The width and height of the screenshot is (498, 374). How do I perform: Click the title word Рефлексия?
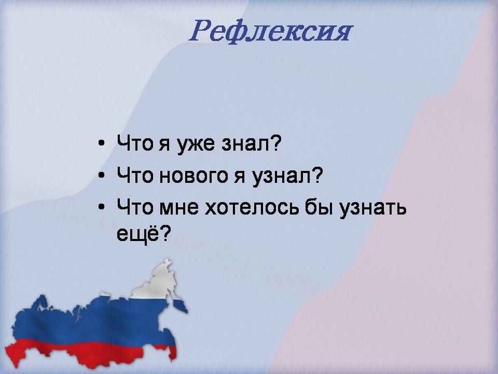pos(271,31)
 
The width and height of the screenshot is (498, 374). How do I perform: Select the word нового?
pos(193,176)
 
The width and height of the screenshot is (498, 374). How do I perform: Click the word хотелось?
pos(252,208)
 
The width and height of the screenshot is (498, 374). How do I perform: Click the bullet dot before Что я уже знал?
pos(101,143)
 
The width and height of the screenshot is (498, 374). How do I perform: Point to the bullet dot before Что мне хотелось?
pos(101,207)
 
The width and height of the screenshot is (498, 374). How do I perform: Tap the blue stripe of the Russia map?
pos(95,321)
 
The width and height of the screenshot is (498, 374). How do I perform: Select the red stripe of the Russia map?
pos(89,353)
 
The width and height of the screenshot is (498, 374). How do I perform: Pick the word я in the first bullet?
pos(164,145)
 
